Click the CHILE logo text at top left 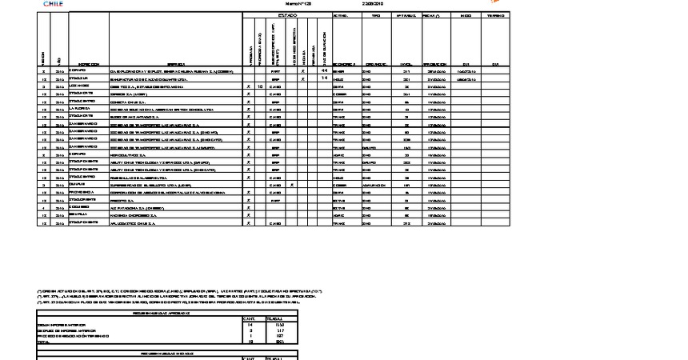(53, 3)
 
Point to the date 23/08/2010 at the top (374, 4)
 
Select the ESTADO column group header (286, 15)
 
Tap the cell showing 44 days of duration (324, 70)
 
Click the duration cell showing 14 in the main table (324, 78)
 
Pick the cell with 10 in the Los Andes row (260, 86)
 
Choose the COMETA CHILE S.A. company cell (128, 101)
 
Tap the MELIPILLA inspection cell (78, 215)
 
